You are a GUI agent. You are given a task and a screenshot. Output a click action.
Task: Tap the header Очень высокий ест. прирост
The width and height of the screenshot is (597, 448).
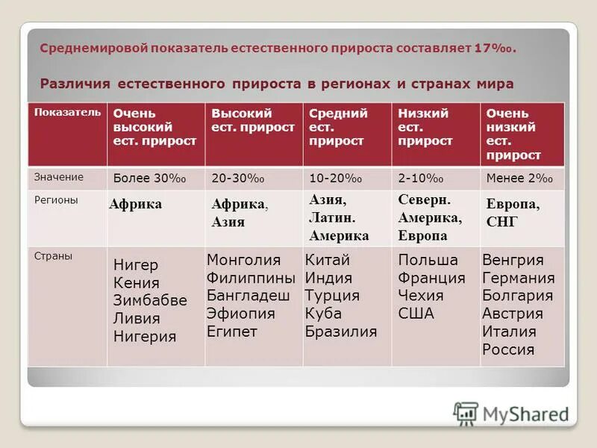point(154,127)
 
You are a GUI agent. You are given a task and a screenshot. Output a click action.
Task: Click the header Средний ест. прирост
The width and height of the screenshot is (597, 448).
point(338,127)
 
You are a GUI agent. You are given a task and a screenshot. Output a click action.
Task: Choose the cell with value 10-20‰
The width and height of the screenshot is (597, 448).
point(336,178)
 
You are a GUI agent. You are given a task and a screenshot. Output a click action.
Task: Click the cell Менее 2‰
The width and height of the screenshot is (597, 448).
point(519,178)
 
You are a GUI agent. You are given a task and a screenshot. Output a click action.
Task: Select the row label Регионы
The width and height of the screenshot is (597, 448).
point(56,200)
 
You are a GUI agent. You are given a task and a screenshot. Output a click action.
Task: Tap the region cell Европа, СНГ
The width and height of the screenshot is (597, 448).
point(513,213)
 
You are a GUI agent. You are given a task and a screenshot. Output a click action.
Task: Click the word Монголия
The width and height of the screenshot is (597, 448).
point(243,261)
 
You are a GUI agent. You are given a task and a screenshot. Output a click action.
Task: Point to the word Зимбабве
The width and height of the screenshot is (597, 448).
point(150,301)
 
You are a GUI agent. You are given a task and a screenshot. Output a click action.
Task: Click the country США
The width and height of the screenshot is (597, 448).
point(416,314)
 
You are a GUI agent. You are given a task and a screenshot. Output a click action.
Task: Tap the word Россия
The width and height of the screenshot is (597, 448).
point(508,349)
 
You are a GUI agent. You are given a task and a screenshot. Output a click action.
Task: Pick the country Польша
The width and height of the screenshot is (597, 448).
point(428,261)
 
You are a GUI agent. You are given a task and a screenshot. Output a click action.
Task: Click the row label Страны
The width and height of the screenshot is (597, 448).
point(54,256)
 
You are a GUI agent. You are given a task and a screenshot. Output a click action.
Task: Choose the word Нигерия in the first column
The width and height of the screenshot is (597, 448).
point(145,337)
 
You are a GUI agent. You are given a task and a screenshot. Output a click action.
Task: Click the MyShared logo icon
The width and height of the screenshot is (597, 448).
point(466,414)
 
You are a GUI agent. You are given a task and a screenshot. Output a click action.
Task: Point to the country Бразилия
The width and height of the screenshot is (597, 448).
point(341,332)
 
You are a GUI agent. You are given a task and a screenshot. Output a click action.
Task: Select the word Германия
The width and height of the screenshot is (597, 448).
point(519,278)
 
